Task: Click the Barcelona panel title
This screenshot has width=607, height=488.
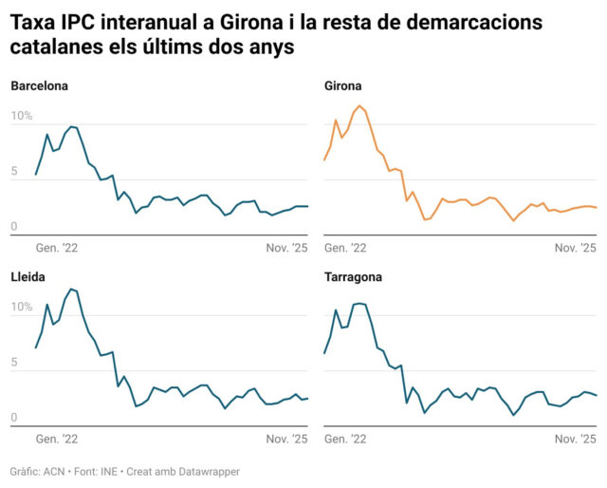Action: click(x=40, y=86)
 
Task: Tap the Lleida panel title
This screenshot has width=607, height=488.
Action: click(x=28, y=277)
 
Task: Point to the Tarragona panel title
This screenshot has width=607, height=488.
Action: click(x=354, y=277)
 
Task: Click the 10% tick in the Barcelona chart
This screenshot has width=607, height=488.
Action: click(x=21, y=117)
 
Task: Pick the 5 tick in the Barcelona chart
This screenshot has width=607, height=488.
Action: click(x=14, y=172)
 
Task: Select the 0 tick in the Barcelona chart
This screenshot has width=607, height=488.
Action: click(x=14, y=227)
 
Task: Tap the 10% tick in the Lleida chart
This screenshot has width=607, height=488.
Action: click(x=21, y=308)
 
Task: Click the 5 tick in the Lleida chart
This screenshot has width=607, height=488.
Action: click(x=14, y=363)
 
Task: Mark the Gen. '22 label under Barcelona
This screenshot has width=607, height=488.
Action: click(x=55, y=248)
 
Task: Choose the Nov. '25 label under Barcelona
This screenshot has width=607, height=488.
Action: click(x=286, y=248)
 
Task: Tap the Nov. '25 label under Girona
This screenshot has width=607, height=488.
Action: click(x=576, y=248)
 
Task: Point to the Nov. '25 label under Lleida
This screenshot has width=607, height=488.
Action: click(x=286, y=439)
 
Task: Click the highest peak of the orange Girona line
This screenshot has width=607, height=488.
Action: click(x=359, y=105)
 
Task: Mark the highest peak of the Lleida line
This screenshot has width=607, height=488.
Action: click(x=70, y=289)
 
